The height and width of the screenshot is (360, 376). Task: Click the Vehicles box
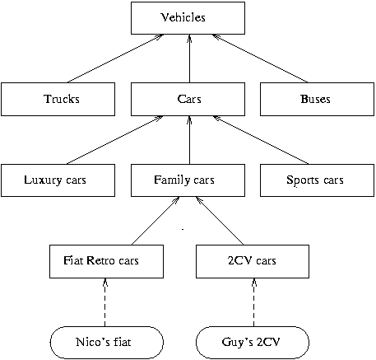tap(188, 18)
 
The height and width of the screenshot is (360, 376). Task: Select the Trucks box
tap(58, 99)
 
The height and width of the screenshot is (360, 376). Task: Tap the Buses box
tap(317, 99)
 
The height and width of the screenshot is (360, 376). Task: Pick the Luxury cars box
tap(58, 180)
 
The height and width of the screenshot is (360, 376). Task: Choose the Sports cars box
tap(317, 180)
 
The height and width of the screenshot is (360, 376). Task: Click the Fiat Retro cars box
tap(106, 261)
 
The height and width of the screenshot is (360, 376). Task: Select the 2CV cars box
tap(253, 261)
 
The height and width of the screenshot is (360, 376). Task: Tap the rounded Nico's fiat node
tap(107, 343)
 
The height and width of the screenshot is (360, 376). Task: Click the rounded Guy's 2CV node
tap(253, 343)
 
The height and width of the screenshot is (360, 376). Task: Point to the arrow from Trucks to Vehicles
tap(115, 58)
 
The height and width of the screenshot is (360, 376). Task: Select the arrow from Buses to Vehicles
tap(260, 58)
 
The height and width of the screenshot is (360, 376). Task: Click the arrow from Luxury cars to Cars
tap(115, 140)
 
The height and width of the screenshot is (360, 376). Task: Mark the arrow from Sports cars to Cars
tap(261, 140)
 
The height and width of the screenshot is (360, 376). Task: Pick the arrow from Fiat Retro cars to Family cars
tap(156, 221)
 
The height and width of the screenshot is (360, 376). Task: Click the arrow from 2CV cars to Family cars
tap(220, 221)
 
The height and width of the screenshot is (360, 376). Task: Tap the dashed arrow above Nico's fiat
tap(105, 302)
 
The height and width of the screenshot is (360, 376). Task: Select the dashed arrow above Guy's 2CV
tap(253, 302)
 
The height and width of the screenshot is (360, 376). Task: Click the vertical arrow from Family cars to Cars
tap(189, 140)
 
